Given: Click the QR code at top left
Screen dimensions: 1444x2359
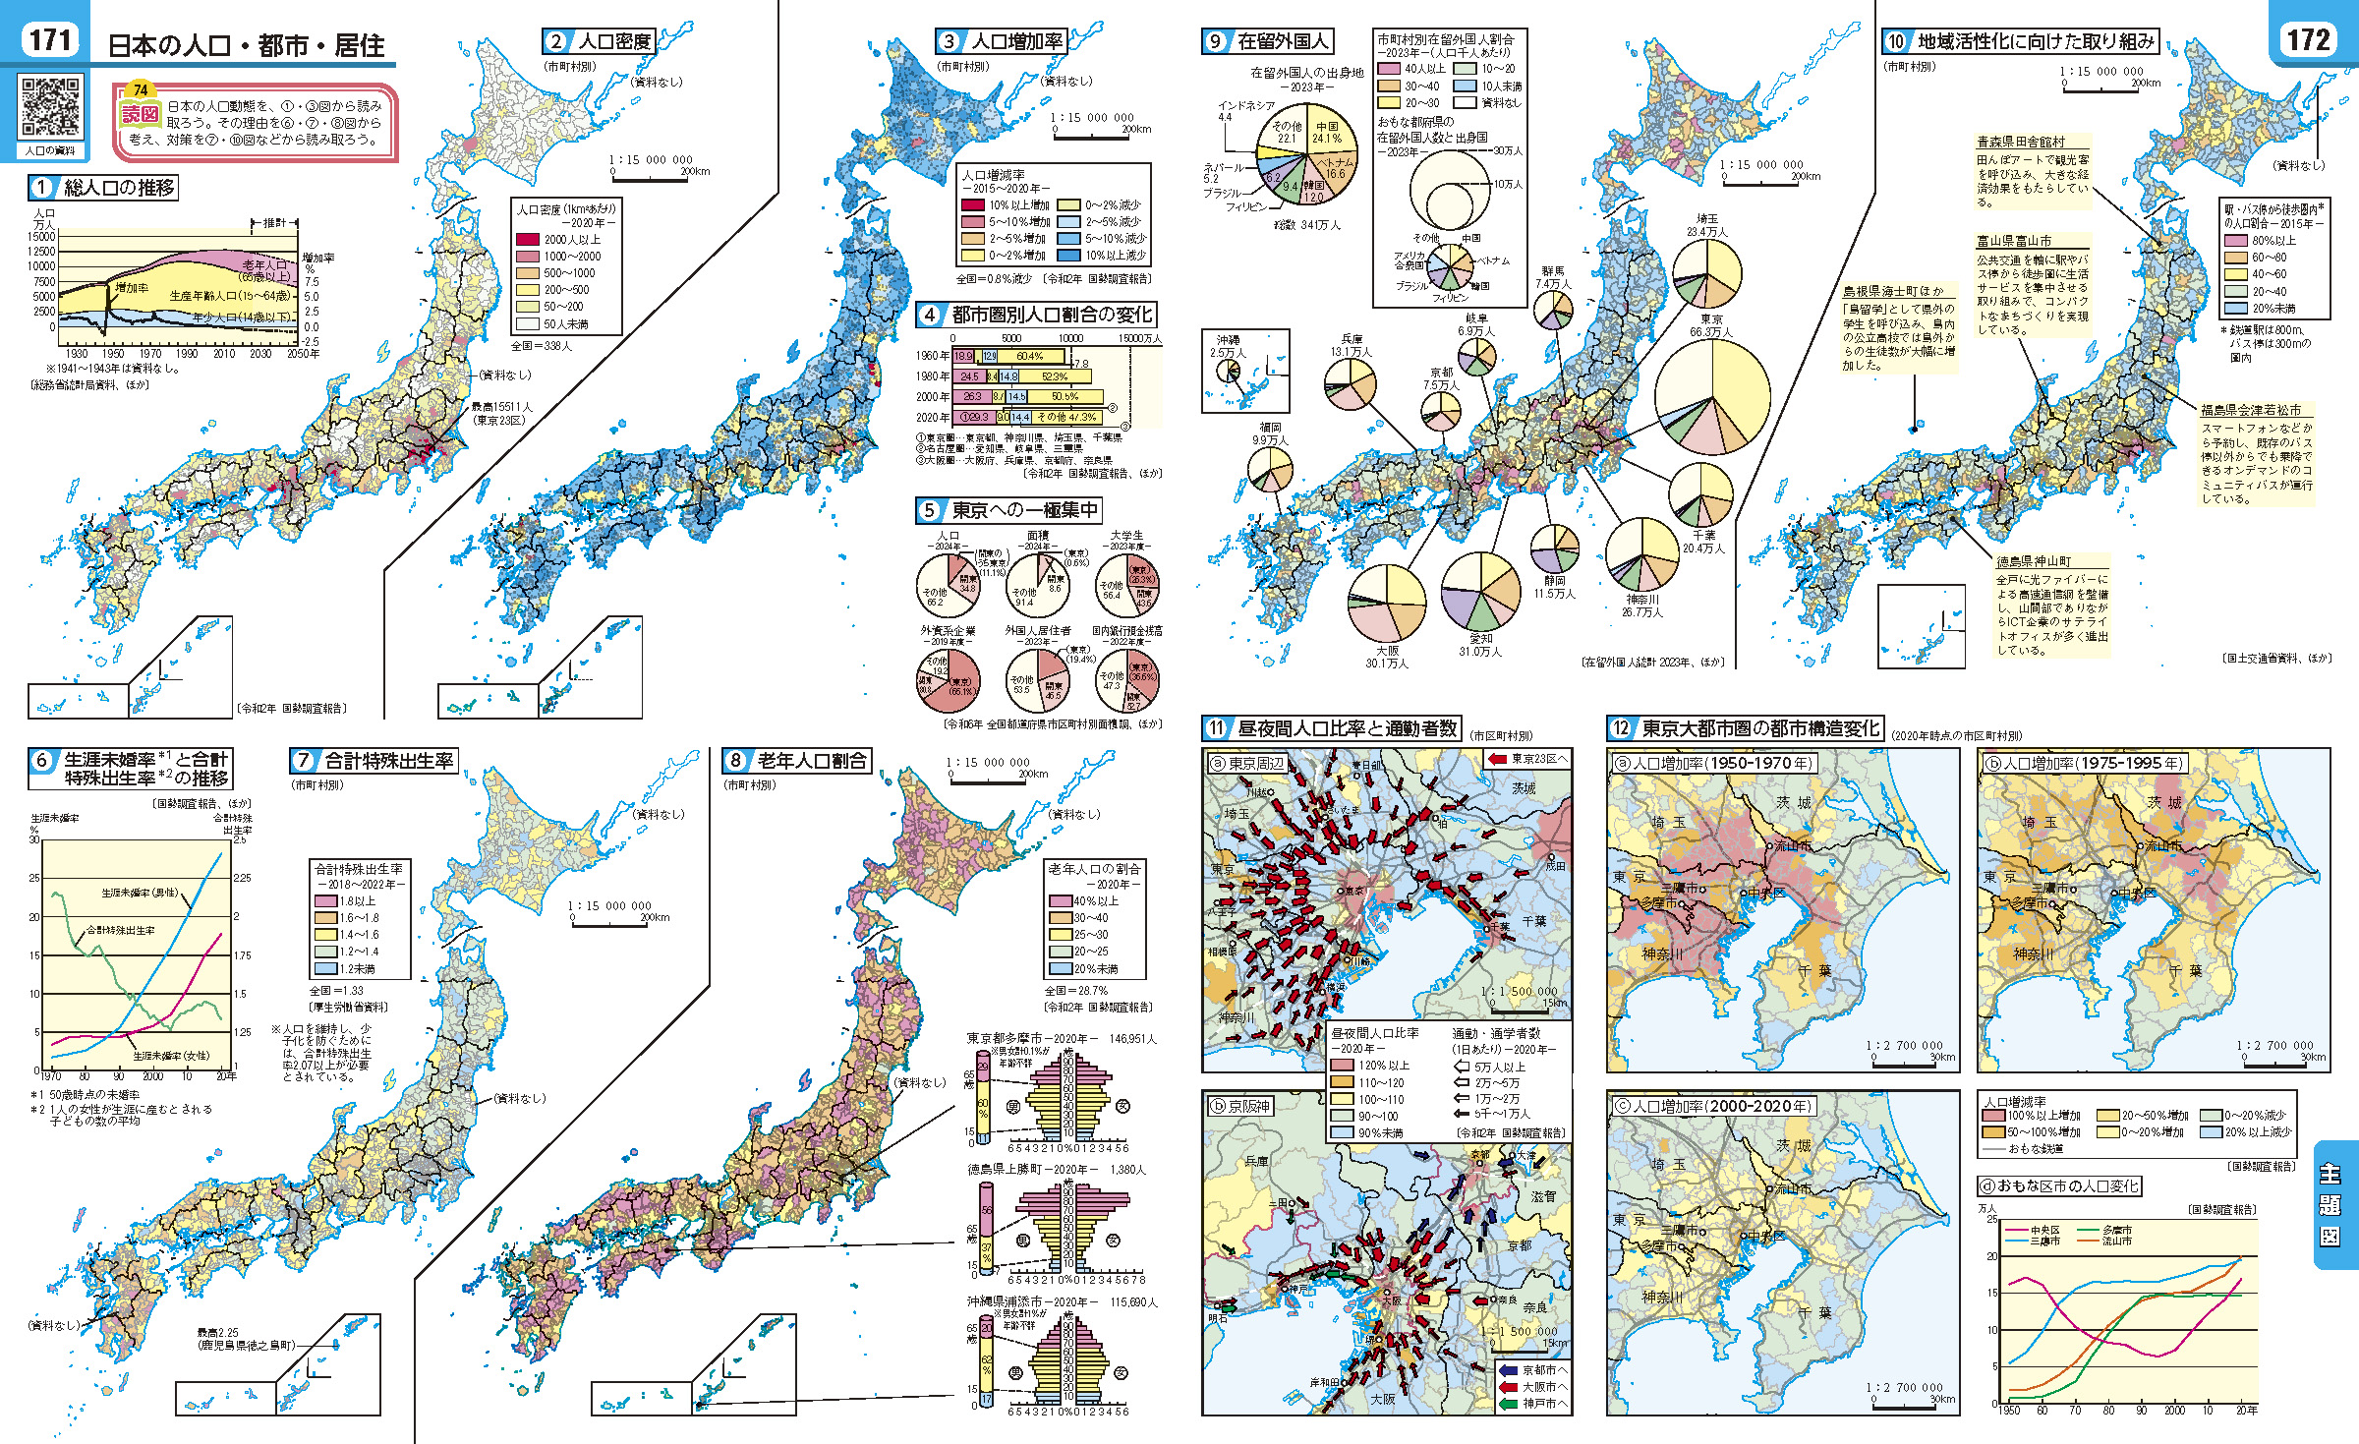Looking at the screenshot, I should point(50,105).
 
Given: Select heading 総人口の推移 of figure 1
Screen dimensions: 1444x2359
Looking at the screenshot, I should point(118,187).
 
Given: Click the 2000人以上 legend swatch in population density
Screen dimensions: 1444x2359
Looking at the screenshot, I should point(528,240).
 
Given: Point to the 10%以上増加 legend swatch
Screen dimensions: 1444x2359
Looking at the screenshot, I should point(972,205).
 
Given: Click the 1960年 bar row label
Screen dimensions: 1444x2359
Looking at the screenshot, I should point(932,356).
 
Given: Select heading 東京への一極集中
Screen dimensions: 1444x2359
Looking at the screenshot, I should point(1022,510).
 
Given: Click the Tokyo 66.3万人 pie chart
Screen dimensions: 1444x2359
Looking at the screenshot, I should point(1712,396).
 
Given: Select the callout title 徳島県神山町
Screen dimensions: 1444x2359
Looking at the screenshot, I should point(2034,561).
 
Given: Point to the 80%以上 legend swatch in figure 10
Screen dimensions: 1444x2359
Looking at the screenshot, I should point(2236,241).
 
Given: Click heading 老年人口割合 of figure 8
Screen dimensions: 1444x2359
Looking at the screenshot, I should point(811,761).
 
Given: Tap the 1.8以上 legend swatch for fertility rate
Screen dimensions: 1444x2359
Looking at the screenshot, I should point(325,901).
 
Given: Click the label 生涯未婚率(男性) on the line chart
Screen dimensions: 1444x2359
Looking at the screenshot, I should point(141,893).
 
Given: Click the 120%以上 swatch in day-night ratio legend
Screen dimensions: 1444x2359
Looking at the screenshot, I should point(1342,1066).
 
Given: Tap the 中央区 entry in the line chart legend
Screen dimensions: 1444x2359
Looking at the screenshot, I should point(2043,1230).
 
